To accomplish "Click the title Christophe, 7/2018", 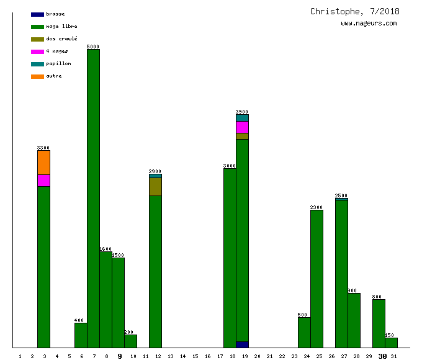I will point(355,11).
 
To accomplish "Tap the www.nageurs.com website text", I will point(369,24).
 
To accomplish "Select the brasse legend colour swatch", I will point(37,14).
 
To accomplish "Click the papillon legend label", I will point(58,63).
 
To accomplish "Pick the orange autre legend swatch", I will point(37,76).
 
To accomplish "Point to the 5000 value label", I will point(93,47).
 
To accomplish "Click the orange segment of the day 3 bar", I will point(43,163).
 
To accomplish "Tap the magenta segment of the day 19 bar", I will point(242,127).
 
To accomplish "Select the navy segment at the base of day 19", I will point(242,344).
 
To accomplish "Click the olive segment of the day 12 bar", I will point(155,187).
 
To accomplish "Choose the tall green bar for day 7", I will point(93,199).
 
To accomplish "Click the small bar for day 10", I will point(130,341).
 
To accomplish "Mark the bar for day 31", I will point(391,343).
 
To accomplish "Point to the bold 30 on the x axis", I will point(382,356).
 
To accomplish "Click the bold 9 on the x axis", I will point(120,356).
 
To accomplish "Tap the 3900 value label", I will point(242,112).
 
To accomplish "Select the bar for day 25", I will point(316,279).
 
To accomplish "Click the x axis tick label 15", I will point(195,356).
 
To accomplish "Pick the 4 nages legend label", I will point(57,51).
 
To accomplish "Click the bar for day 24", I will point(304,332).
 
